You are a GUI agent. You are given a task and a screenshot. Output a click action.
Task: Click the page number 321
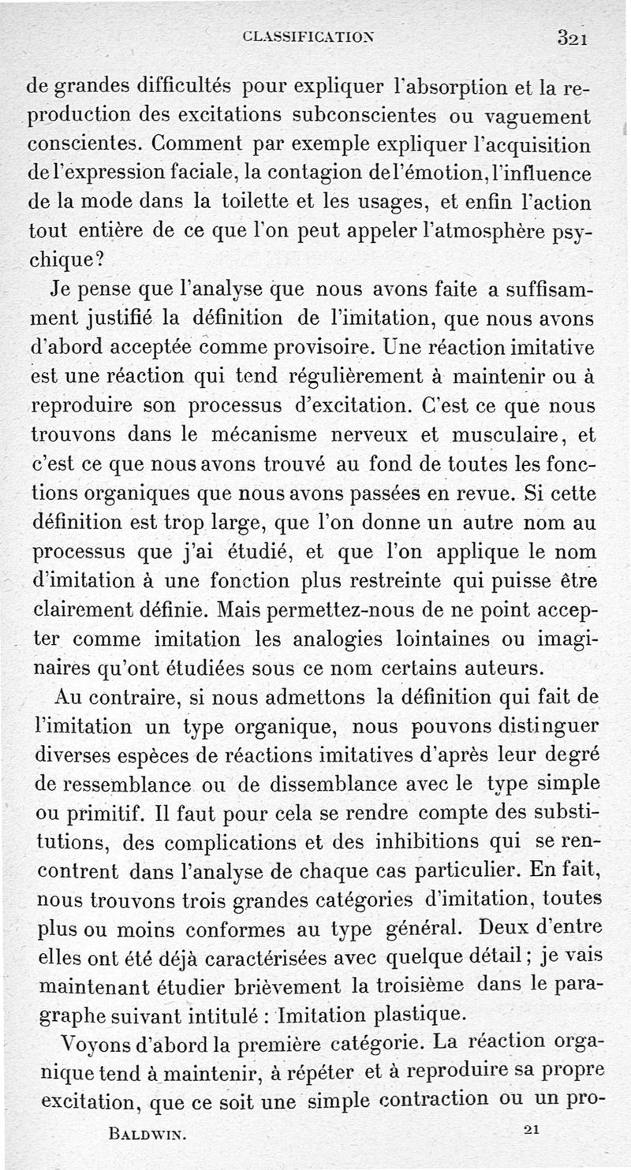[x=574, y=37]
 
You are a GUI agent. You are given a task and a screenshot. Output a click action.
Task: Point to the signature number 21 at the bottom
[x=530, y=1129]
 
